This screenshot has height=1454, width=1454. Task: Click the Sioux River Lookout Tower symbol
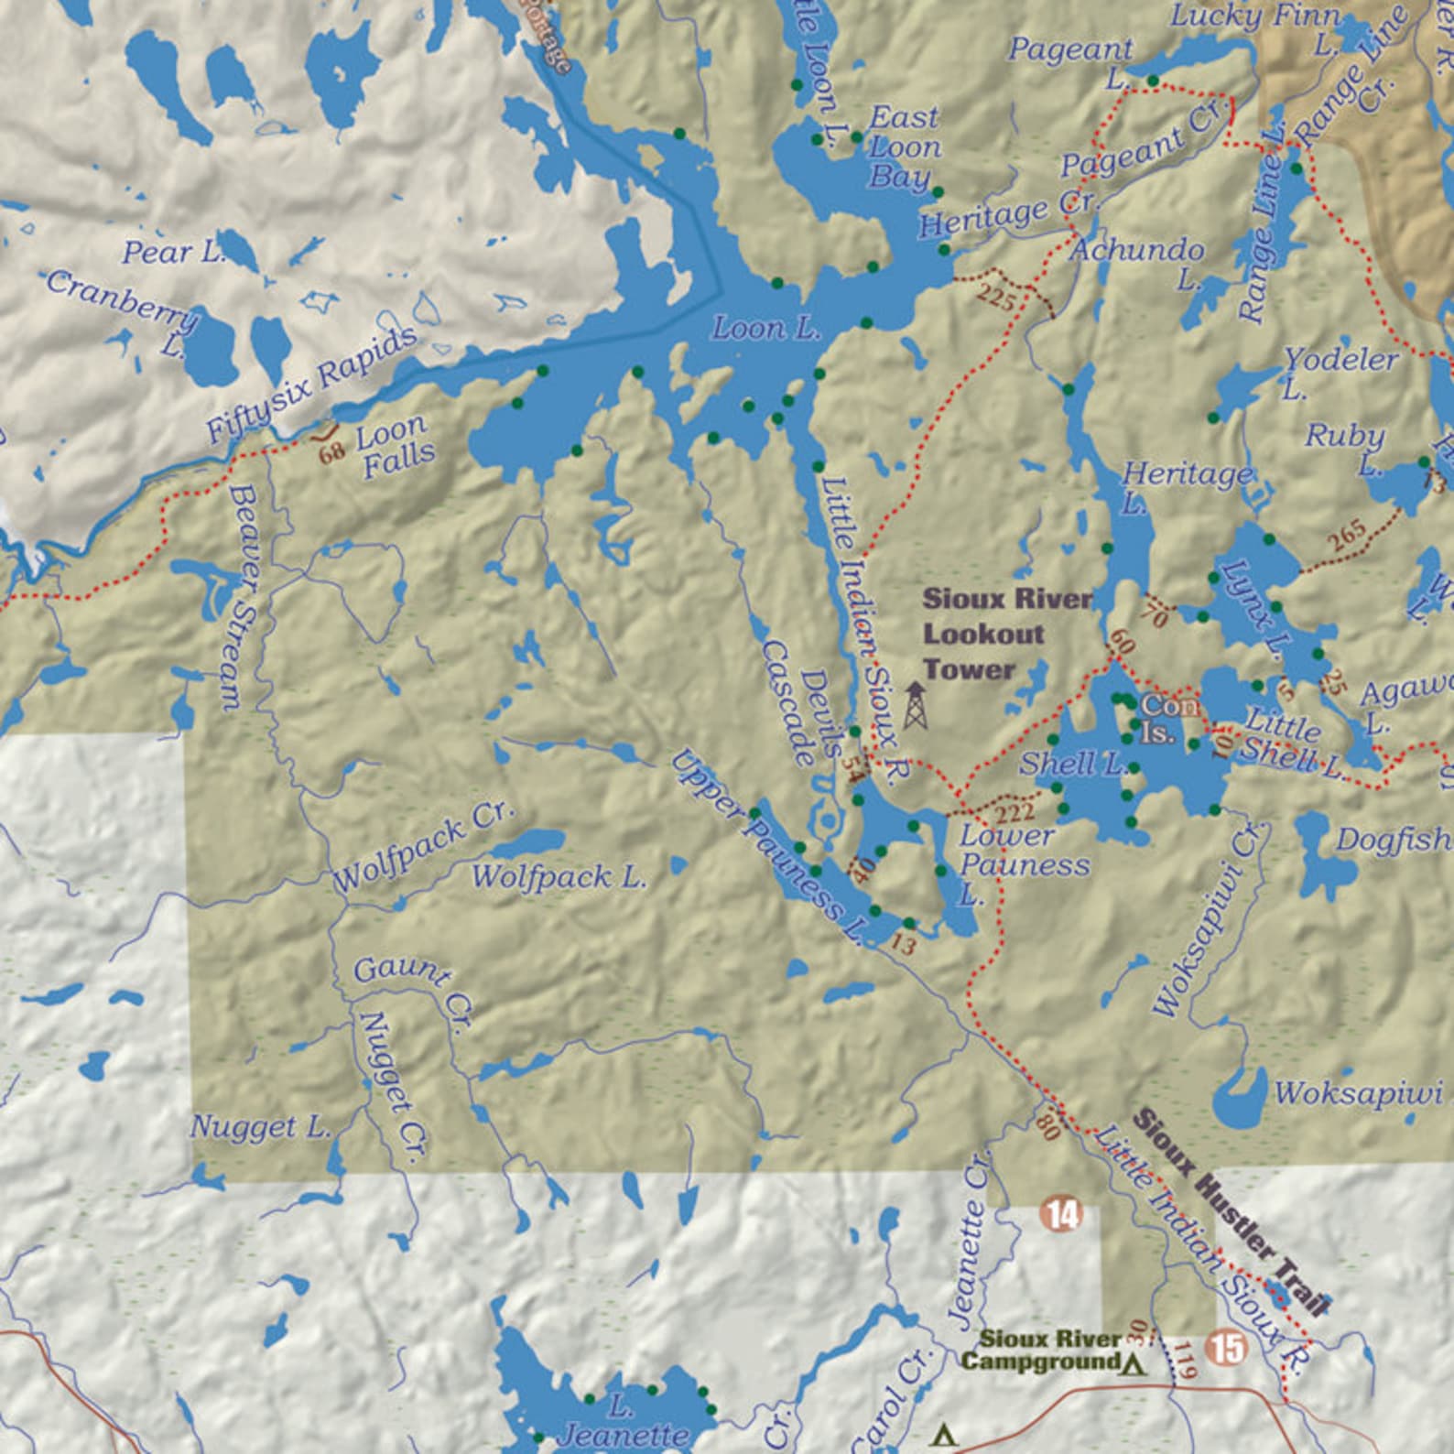click(x=914, y=706)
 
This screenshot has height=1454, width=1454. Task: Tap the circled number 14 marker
click(x=1062, y=1215)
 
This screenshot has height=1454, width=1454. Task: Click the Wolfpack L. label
click(x=559, y=877)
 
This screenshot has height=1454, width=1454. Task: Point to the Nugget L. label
click(x=261, y=1127)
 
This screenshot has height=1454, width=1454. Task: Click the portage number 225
click(x=995, y=298)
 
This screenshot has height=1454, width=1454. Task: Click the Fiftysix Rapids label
click(x=311, y=385)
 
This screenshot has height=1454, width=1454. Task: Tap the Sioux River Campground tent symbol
click(x=1134, y=1364)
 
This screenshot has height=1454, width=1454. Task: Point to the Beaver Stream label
click(x=235, y=598)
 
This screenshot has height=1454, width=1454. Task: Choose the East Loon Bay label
click(x=902, y=146)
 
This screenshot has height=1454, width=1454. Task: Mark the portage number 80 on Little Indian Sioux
click(x=1048, y=1125)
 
